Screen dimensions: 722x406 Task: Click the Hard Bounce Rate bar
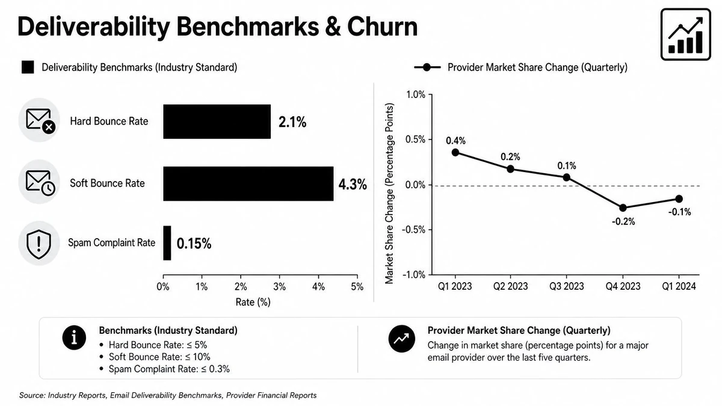click(217, 121)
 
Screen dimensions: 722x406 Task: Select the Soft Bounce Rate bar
click(248, 183)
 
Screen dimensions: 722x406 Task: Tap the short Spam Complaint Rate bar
click(167, 243)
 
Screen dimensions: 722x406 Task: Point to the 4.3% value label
click(353, 185)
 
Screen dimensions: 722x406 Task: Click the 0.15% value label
click(194, 244)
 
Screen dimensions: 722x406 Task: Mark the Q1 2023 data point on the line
click(455, 152)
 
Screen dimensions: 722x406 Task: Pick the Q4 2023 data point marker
click(623, 208)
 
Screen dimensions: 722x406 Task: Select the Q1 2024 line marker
click(679, 199)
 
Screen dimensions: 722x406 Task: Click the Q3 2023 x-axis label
click(567, 286)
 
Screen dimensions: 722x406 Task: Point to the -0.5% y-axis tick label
click(413, 230)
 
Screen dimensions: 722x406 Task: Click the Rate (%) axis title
click(253, 302)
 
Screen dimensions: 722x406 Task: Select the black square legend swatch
click(28, 67)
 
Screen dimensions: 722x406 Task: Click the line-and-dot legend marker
click(427, 67)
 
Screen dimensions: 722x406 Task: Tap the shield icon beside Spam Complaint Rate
click(39, 244)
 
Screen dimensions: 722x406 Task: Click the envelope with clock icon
click(40, 183)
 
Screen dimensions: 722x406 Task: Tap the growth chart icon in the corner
click(685, 34)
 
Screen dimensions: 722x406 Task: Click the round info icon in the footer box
click(74, 337)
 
